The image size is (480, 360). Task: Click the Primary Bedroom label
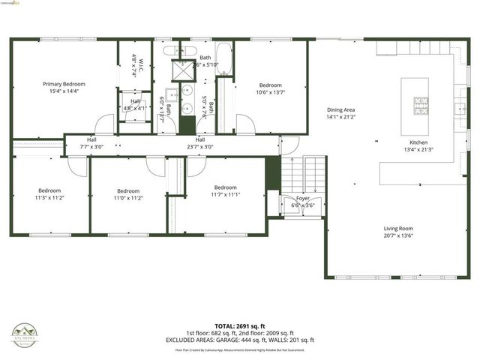coord(64,84)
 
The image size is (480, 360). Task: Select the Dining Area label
coord(340,109)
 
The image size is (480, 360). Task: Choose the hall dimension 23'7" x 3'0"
coord(200,147)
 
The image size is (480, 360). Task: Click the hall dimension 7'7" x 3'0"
coord(91,147)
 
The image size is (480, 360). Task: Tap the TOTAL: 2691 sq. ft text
coord(240,325)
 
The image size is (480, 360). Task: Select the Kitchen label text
coord(418,142)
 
